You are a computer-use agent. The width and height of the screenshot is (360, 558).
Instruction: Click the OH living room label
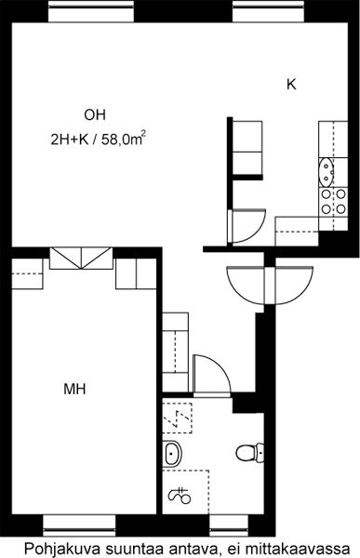click(95, 115)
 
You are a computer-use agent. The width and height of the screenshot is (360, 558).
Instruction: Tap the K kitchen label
click(291, 85)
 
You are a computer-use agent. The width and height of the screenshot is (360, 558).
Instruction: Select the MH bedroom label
click(74, 389)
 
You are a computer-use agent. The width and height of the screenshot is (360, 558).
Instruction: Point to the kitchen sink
click(327, 172)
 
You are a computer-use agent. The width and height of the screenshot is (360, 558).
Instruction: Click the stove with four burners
click(333, 202)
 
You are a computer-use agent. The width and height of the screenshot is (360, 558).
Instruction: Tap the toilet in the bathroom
click(249, 453)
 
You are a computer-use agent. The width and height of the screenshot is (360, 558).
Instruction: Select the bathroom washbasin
click(173, 454)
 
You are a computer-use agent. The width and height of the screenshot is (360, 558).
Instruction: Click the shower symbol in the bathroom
click(180, 496)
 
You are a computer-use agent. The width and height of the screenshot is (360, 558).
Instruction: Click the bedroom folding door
click(81, 258)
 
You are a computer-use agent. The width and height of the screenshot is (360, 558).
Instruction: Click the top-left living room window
click(91, 11)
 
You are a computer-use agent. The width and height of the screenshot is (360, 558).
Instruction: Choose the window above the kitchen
click(269, 11)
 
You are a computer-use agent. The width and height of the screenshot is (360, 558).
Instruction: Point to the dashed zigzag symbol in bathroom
click(178, 418)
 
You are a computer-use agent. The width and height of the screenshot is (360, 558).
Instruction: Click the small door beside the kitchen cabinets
click(247, 226)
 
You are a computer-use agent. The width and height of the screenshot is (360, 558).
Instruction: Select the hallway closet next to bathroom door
click(175, 352)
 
